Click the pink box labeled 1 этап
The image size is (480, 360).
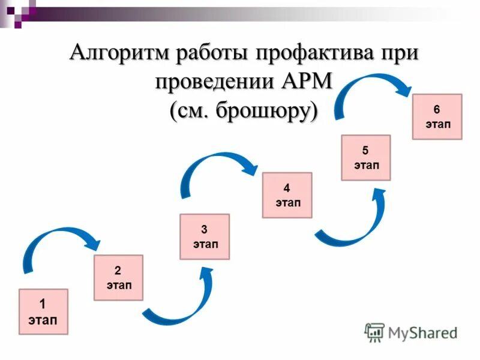(43, 311)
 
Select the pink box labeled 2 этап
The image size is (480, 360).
(118, 277)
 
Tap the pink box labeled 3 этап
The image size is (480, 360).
(205, 236)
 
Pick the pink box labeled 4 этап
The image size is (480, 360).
(287, 195)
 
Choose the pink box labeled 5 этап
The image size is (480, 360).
(366, 158)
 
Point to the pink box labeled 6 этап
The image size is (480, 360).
(437, 116)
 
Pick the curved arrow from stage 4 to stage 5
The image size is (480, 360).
(354, 228)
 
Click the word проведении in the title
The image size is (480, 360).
(213, 80)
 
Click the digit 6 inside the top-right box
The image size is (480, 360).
(437, 109)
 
